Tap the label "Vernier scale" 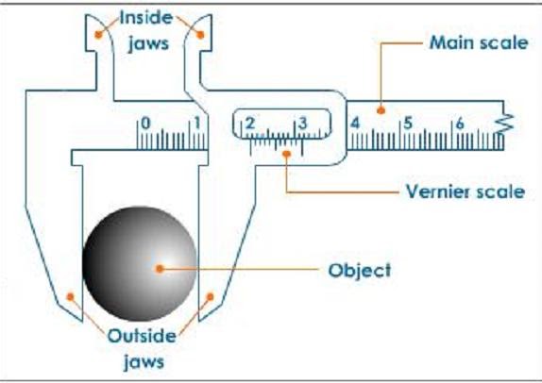[465, 191]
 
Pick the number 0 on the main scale [145, 123]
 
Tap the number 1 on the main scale [197, 123]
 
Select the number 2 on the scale [250, 124]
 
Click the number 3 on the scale [302, 124]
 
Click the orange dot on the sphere [161, 268]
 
